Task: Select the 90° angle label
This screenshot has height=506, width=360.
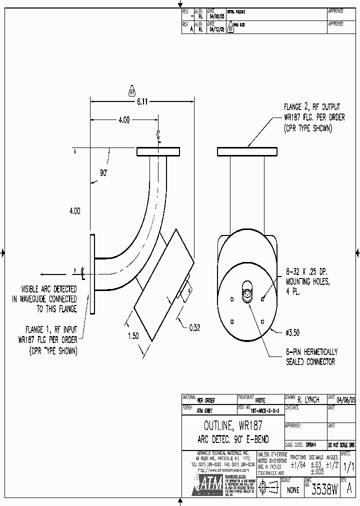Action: pyautogui.click(x=104, y=172)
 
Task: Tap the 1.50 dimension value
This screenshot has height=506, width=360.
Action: pyautogui.click(x=133, y=336)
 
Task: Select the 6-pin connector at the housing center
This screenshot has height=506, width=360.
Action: pyautogui.click(x=247, y=295)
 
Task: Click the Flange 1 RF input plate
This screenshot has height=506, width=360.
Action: pyautogui.click(x=92, y=273)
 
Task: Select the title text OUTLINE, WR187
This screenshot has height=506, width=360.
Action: pyautogui.click(x=232, y=426)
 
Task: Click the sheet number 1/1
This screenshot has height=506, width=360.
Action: pyautogui.click(x=349, y=465)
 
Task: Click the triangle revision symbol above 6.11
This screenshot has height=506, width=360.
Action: pyautogui.click(x=132, y=91)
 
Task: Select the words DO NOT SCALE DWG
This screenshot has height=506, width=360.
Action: pyautogui.click(x=341, y=444)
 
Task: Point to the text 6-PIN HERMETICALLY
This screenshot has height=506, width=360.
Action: pyautogui.click(x=311, y=352)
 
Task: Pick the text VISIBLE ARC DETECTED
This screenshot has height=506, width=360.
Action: pyautogui.click(x=48, y=289)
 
